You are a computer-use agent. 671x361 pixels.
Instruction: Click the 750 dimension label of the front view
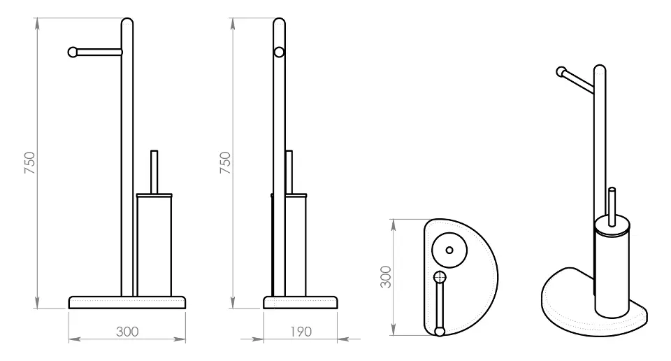[29, 163]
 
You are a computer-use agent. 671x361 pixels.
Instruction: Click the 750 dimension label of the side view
[225, 163]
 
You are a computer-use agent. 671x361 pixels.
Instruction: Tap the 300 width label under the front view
[127, 332]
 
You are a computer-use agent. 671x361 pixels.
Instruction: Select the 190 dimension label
[301, 332]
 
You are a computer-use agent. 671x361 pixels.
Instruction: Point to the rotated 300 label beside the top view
[386, 277]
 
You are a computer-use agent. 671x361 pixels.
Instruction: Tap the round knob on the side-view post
[279, 52]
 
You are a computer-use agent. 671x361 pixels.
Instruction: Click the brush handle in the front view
[154, 171]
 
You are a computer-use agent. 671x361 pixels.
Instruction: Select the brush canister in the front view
[154, 245]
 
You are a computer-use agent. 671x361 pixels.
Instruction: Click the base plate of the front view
[127, 302]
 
